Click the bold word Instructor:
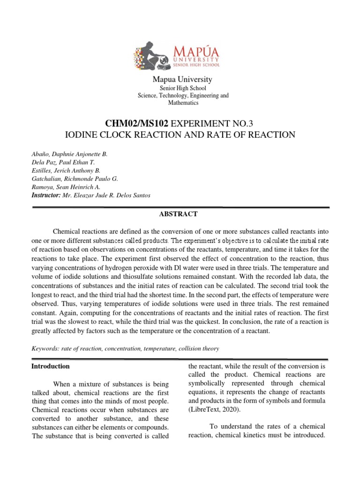46,195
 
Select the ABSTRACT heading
180,214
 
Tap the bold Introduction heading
51,366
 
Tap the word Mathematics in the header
183,103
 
